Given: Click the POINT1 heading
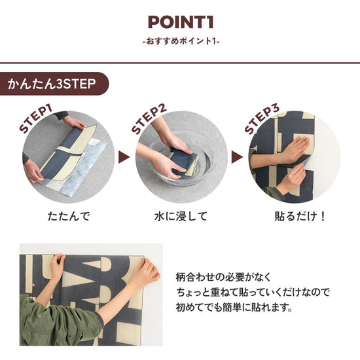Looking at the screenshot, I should coord(179,22).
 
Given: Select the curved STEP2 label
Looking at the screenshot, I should coord(149,117).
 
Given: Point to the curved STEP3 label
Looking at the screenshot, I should coord(262,117).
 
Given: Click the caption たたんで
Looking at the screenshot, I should coord(68,216).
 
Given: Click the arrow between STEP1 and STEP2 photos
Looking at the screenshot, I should coord(122,158).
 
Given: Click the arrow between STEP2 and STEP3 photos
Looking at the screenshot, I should coord(235,158).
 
